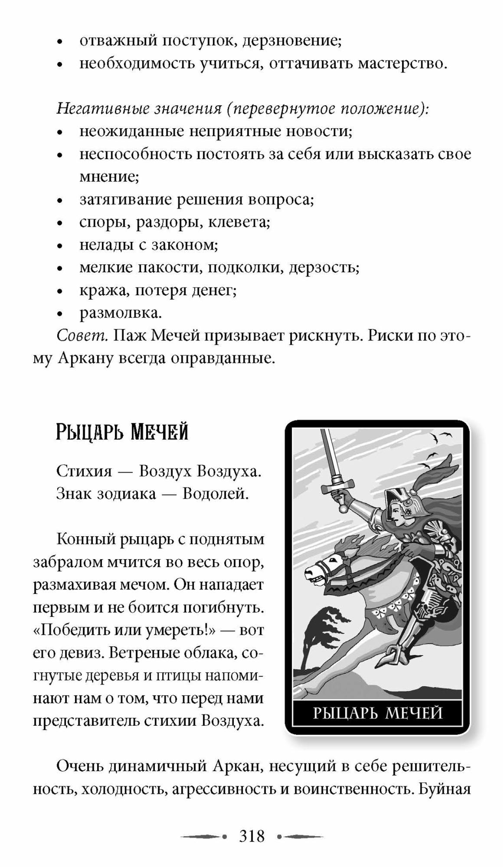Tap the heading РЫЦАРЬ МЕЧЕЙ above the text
click(122, 432)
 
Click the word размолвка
click(120, 313)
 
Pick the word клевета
click(239, 222)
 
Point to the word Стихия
click(84, 471)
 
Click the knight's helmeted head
click(402, 503)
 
